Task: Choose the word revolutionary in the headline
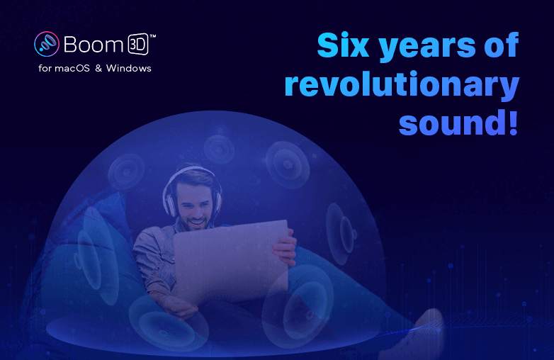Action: click(401, 85)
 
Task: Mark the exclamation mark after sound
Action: click(511, 122)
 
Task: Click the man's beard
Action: click(194, 219)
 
